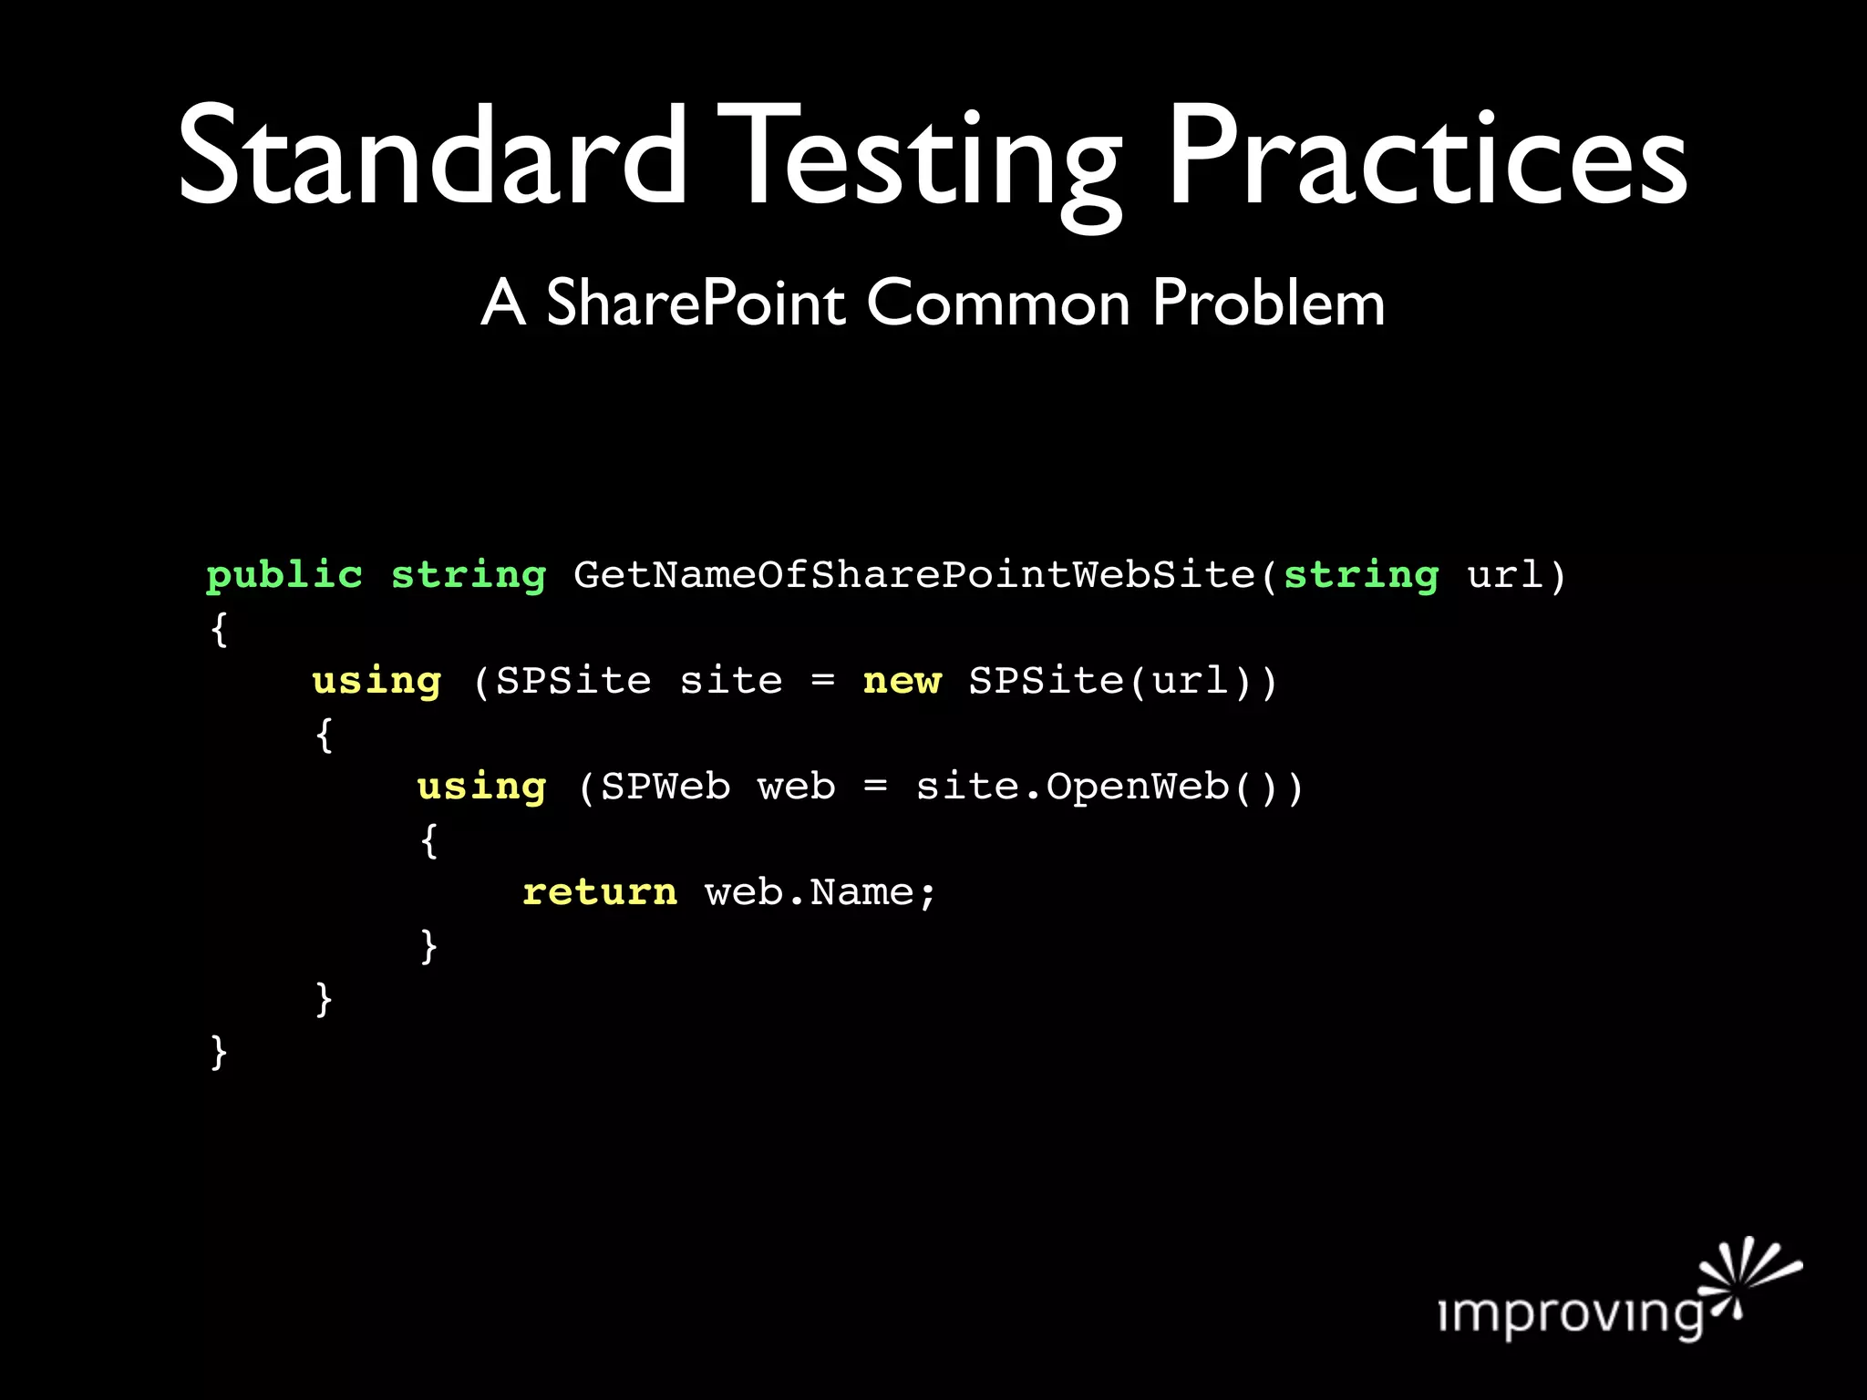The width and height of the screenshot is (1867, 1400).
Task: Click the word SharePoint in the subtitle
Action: [x=696, y=303]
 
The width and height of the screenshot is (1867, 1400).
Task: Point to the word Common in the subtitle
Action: [x=997, y=303]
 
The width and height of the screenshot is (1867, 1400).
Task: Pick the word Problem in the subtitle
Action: [x=1268, y=303]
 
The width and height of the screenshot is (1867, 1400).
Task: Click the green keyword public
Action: [x=284, y=576]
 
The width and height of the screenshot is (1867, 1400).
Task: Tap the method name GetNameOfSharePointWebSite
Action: [x=914, y=575]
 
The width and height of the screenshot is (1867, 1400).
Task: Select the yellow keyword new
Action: [x=902, y=681]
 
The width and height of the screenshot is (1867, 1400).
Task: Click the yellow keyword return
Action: [x=600, y=892]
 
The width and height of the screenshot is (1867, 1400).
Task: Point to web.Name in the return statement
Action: [x=820, y=892]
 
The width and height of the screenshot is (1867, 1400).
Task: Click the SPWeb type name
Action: [x=665, y=787]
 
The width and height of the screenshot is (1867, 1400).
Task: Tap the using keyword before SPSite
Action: [x=376, y=682]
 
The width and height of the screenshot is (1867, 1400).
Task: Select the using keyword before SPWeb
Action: [x=481, y=787]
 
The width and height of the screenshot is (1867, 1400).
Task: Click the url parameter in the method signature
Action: [x=1504, y=575]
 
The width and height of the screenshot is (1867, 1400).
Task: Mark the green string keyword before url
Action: [x=1360, y=576]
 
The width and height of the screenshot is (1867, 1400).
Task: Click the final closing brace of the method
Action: [x=218, y=1052]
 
